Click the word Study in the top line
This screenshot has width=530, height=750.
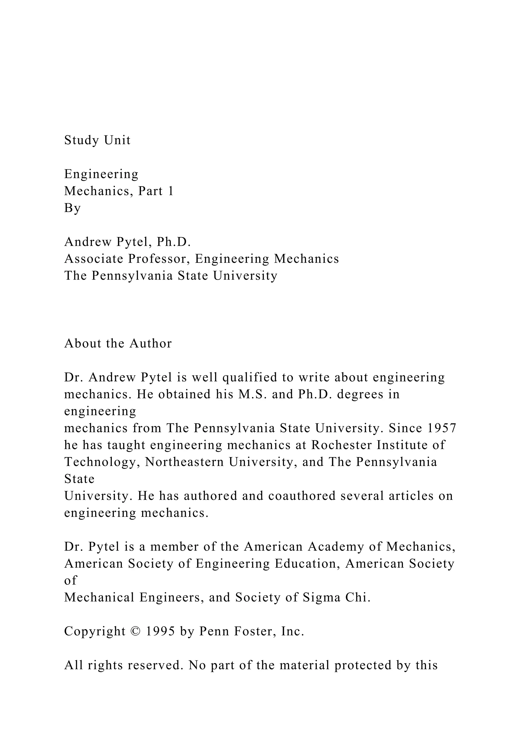(x=81, y=140)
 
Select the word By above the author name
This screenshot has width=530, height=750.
(x=72, y=208)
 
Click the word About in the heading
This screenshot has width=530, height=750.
(x=83, y=344)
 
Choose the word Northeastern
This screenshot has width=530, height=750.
(x=185, y=462)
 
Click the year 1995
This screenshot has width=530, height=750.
(x=160, y=631)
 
